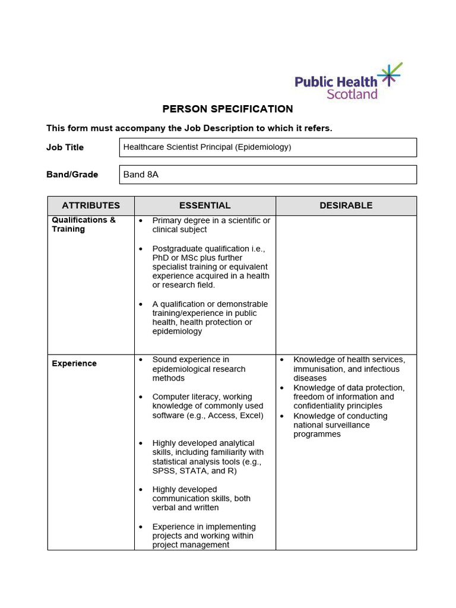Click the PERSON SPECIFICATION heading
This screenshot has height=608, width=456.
coord(228,109)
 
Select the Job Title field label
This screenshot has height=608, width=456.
coord(65,147)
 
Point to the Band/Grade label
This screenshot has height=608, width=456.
coord(72,175)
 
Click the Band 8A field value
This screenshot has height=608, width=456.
coord(141,175)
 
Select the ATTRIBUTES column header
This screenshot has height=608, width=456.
coord(91,205)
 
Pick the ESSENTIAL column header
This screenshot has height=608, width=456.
coord(205,205)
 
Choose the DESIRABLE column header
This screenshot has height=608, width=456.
coord(346,205)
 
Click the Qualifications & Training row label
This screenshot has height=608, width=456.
coord(84,224)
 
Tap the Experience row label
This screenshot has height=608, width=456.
coord(74,363)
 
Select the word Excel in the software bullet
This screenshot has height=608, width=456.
coord(250,415)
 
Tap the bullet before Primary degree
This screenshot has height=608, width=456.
coord(141,221)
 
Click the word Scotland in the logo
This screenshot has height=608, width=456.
coord(352,94)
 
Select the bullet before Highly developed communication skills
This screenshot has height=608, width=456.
coord(141,490)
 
